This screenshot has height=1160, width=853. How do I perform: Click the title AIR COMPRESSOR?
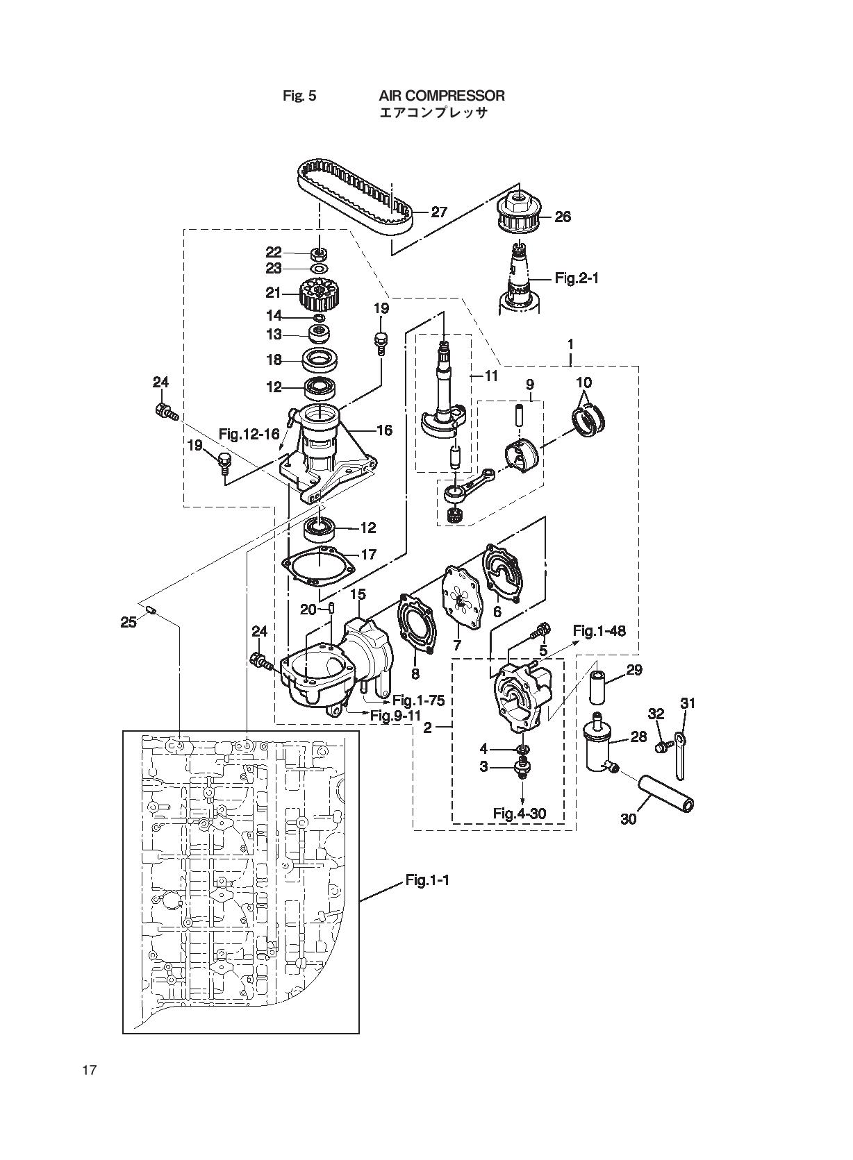tap(442, 95)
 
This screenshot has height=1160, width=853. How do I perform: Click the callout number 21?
tap(273, 293)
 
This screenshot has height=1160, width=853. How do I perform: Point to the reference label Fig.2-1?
tap(577, 278)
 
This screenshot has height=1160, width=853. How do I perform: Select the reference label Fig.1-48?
tap(599, 631)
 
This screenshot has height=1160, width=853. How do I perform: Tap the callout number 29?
tap(633, 670)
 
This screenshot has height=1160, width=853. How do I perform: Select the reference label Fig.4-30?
tap(520, 813)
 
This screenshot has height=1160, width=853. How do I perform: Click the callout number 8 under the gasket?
tap(415, 674)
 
